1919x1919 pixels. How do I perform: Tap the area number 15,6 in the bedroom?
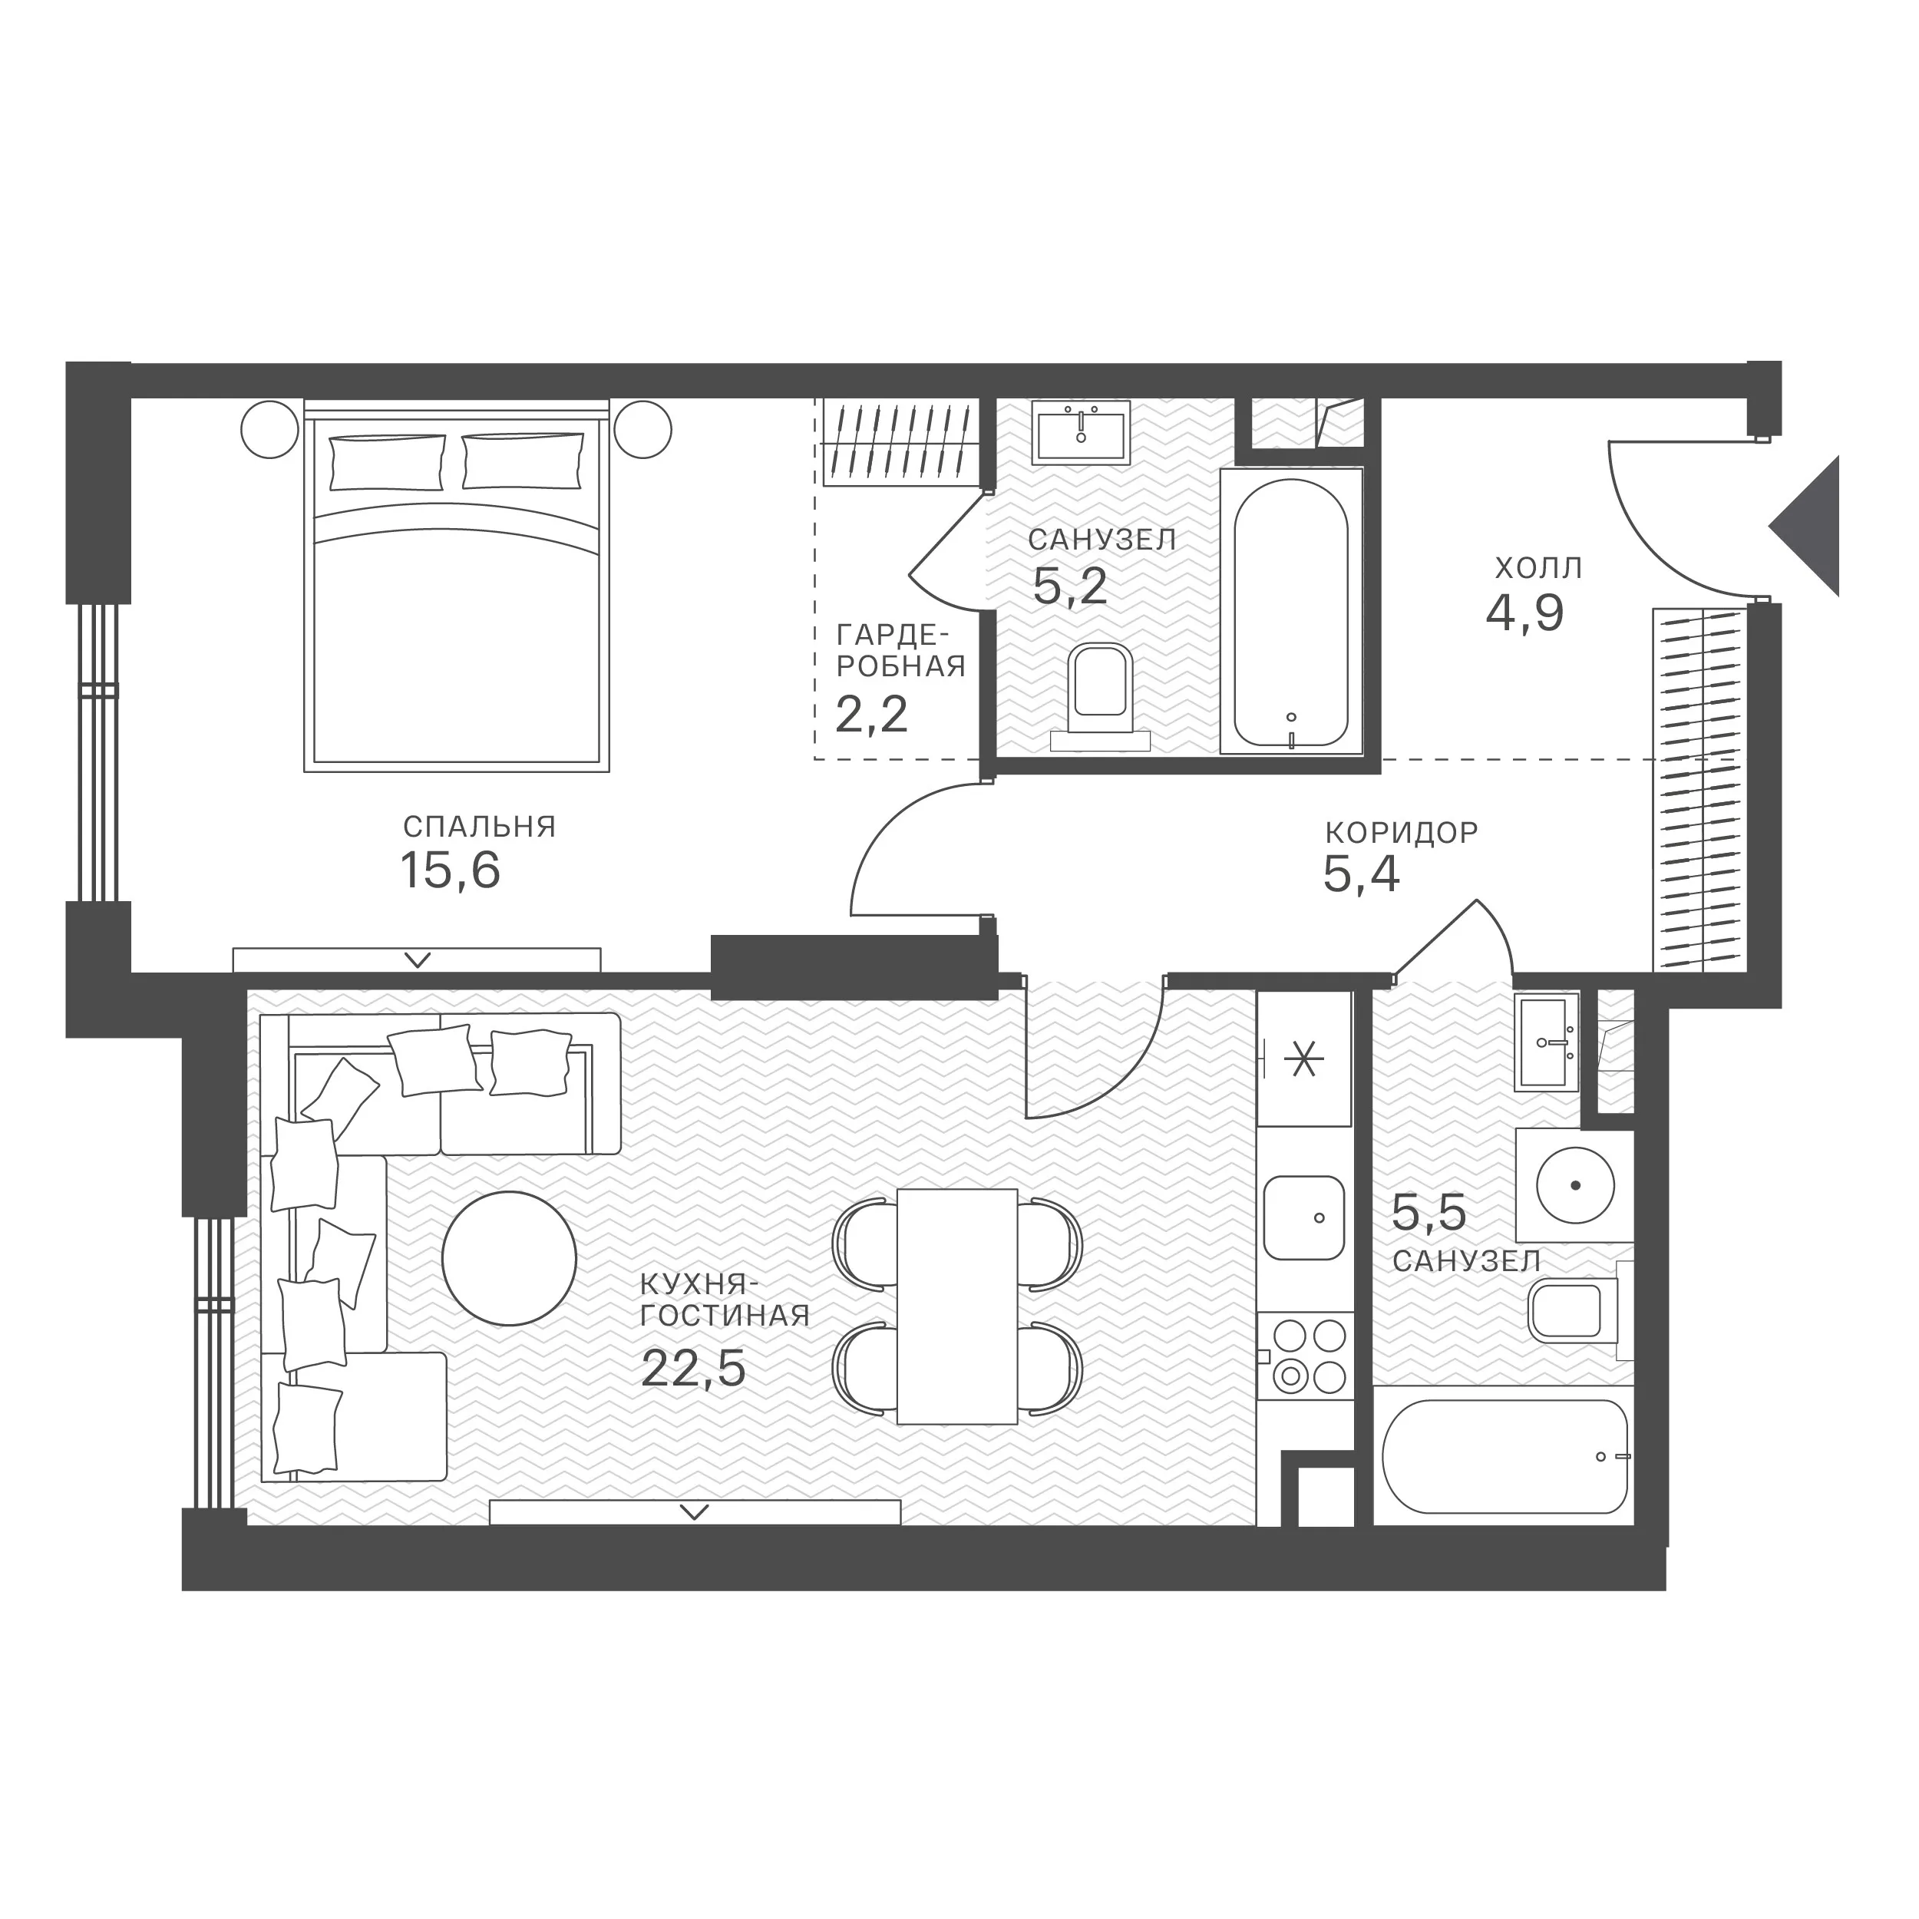pyautogui.click(x=450, y=871)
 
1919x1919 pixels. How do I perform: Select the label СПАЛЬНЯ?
pyautogui.click(x=479, y=827)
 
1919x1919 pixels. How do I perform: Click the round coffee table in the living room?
pyautogui.click(x=509, y=1257)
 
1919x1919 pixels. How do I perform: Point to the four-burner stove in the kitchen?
pyautogui.click(x=1305, y=1356)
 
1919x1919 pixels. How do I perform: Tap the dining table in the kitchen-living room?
pyautogui.click(x=956, y=1306)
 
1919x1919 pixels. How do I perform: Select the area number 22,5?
pyautogui.click(x=692, y=1369)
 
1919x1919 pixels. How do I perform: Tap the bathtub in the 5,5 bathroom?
pyautogui.click(x=1504, y=1456)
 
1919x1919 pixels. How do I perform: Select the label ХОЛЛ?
pyautogui.click(x=1538, y=568)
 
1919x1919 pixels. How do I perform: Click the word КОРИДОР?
pyautogui.click(x=1402, y=832)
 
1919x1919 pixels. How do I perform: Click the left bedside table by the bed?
pyautogui.click(x=270, y=429)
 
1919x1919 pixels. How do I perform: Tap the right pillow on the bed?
pyautogui.click(x=523, y=461)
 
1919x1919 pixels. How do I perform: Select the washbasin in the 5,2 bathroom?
pyautogui.click(x=1081, y=433)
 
